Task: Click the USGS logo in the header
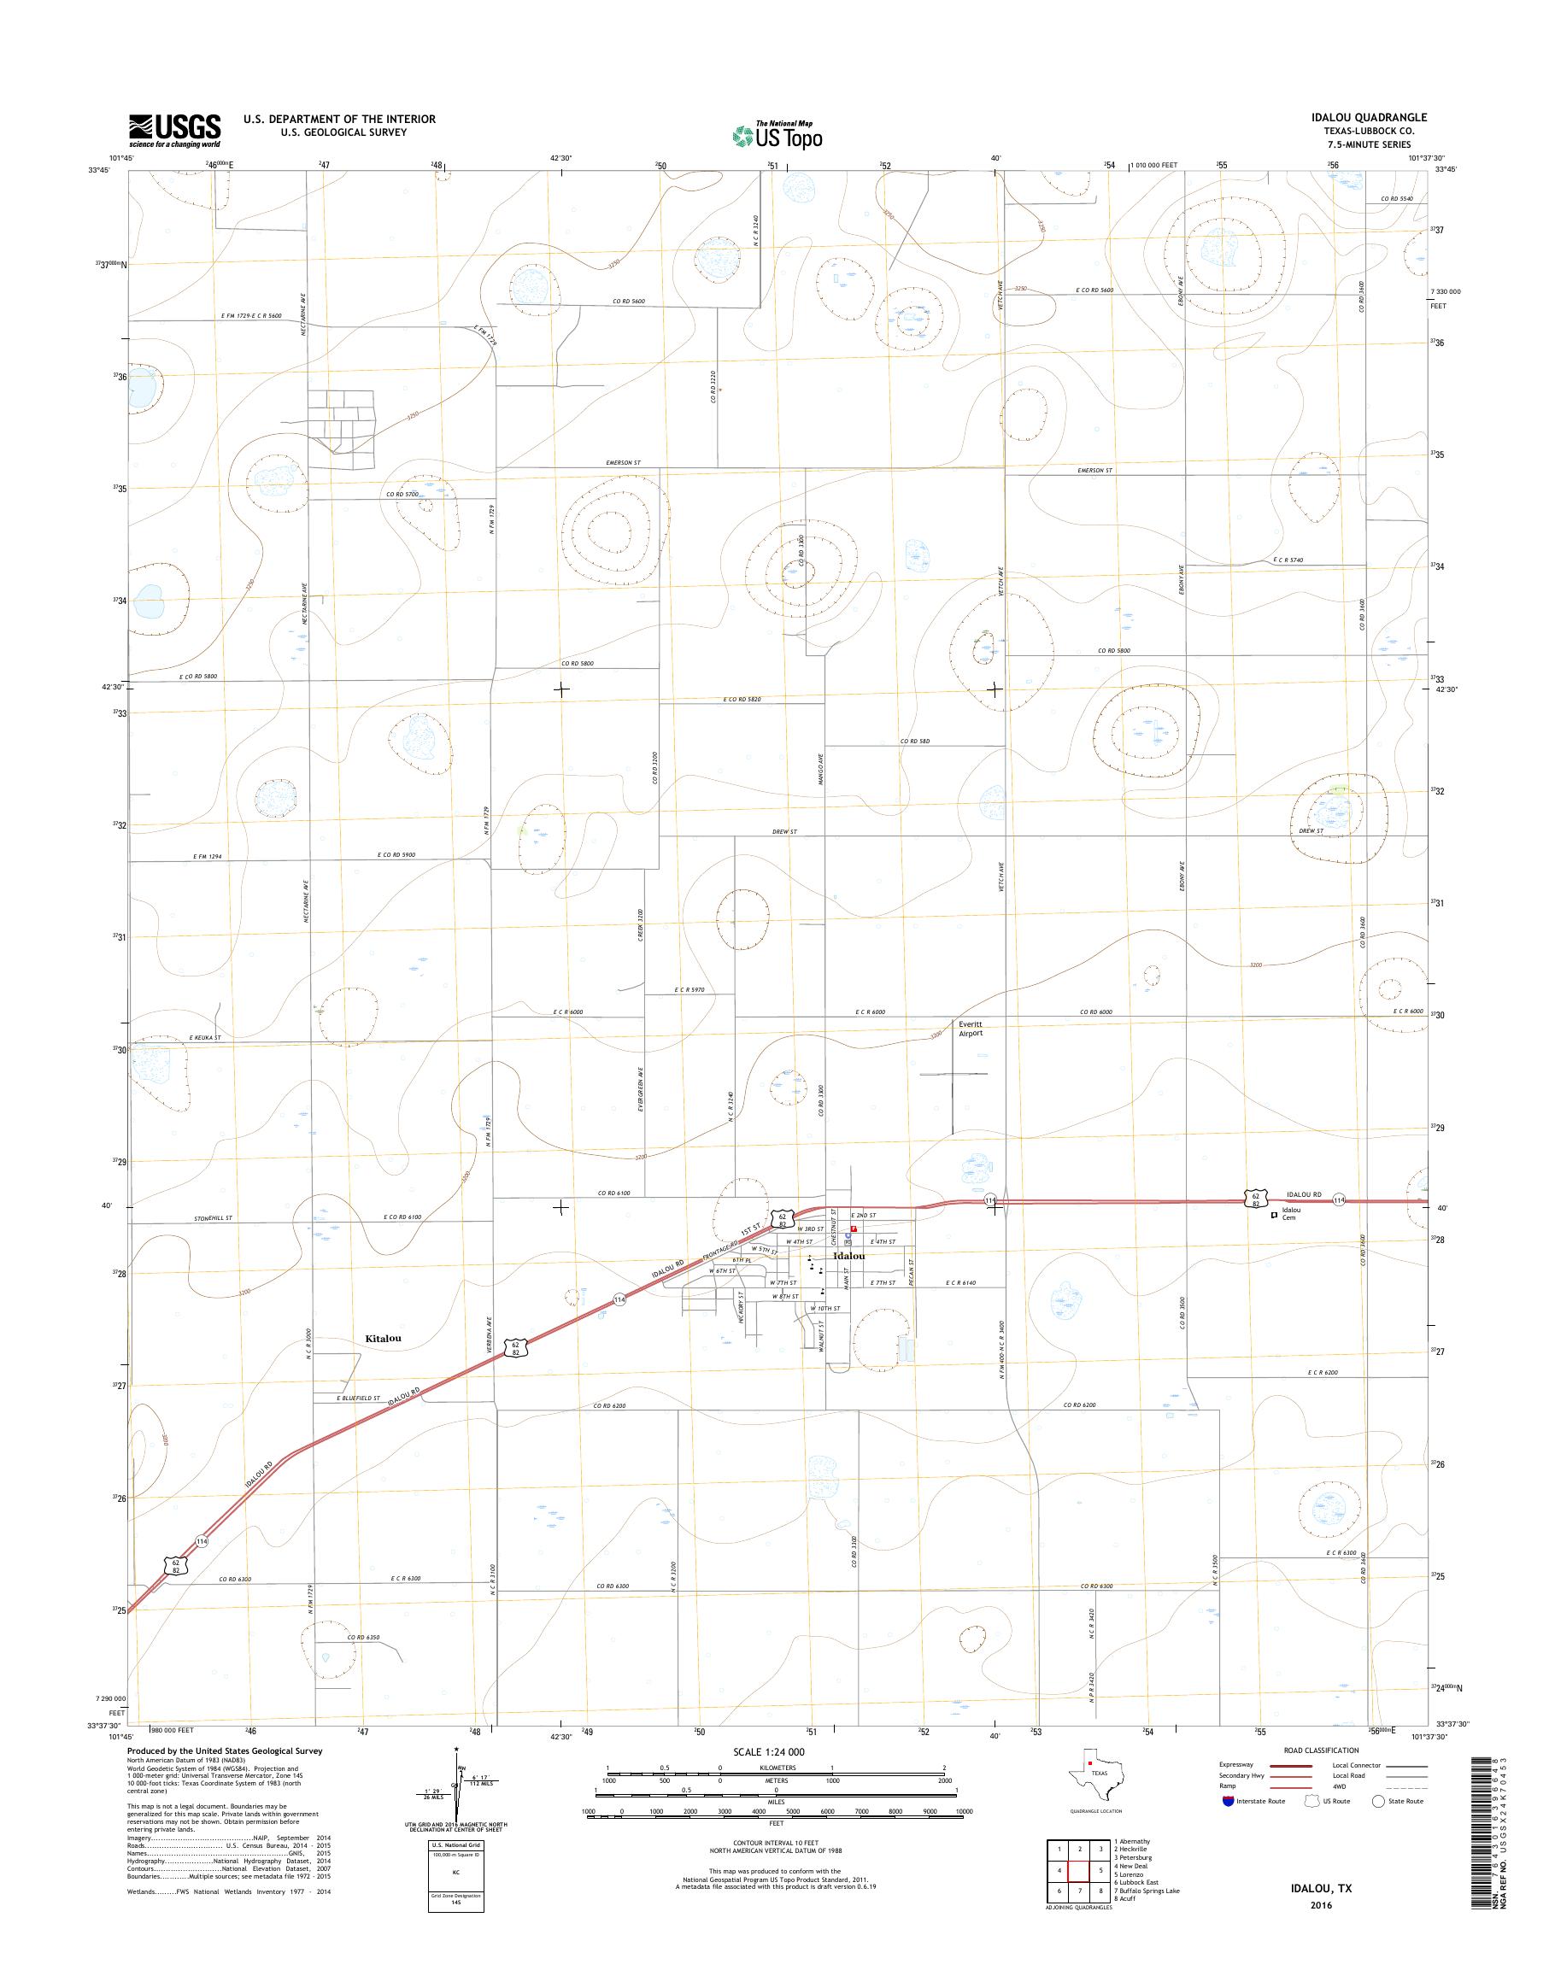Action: click(x=175, y=129)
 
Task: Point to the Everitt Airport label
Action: click(x=971, y=1028)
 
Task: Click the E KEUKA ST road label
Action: click(x=205, y=1037)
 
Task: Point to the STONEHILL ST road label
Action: click(x=214, y=1217)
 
